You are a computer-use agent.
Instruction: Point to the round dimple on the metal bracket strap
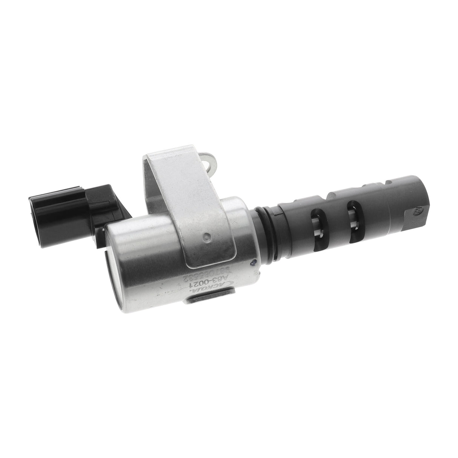pos(206,237)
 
